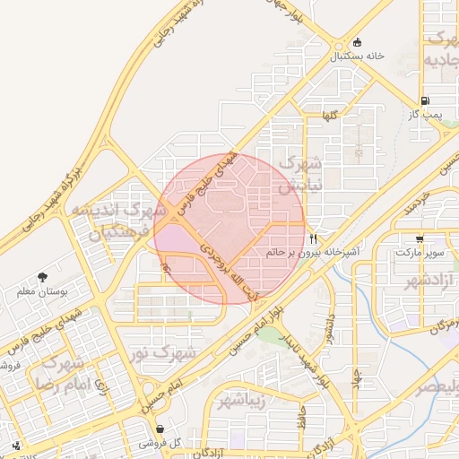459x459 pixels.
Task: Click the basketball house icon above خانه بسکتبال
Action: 358,41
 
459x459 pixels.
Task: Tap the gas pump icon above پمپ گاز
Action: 425,100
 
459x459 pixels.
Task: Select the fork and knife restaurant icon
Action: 313,238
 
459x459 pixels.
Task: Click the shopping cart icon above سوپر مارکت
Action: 420,239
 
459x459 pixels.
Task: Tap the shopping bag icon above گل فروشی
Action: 160,429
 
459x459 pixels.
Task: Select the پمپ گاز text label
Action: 425,115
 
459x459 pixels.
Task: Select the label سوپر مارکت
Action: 419,254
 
